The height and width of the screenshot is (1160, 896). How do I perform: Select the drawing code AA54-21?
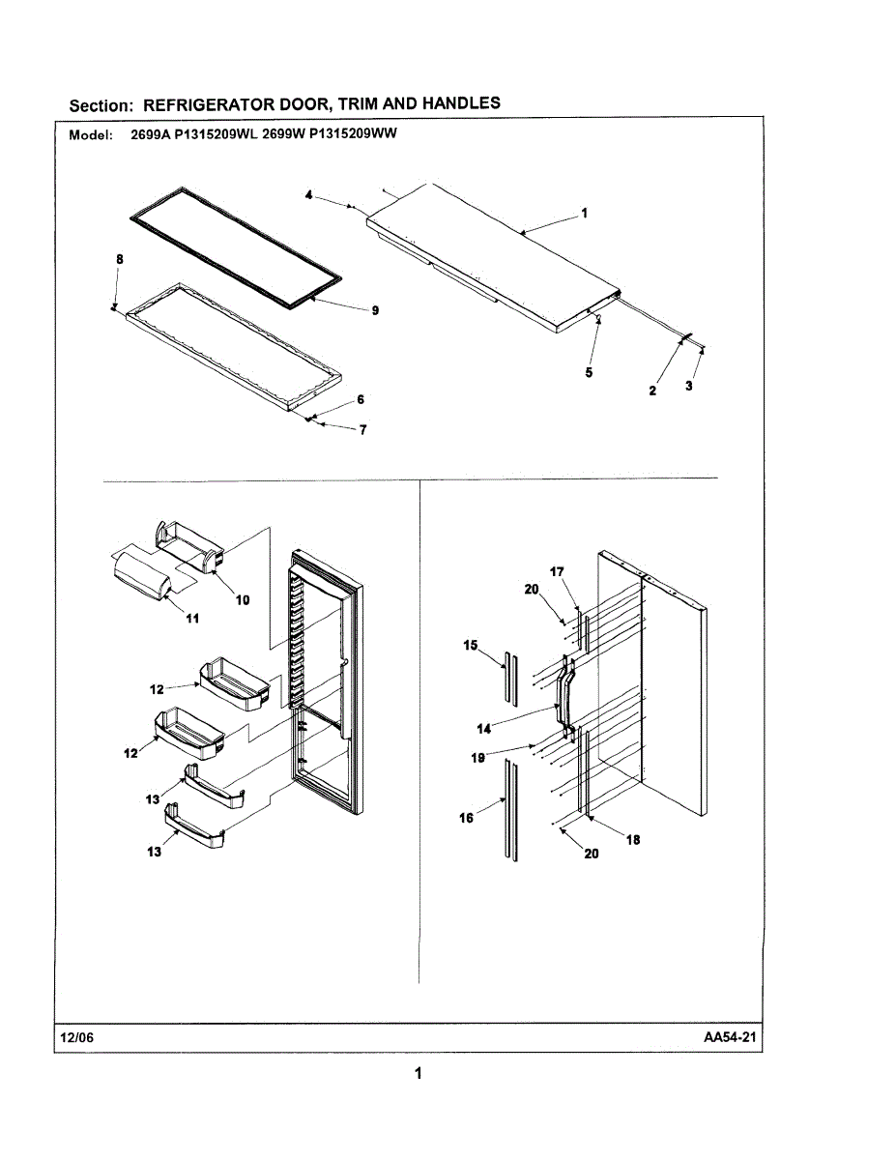point(728,1037)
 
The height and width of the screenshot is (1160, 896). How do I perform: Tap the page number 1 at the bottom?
point(418,1073)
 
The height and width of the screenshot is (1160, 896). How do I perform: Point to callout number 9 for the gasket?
point(375,310)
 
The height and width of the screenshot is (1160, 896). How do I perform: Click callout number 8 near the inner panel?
point(119,259)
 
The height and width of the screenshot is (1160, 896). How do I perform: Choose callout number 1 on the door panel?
point(585,215)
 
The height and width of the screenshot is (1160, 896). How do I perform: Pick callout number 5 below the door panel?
point(589,372)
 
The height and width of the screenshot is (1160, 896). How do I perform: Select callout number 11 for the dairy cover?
point(192,619)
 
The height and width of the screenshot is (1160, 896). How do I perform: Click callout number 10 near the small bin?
point(243,599)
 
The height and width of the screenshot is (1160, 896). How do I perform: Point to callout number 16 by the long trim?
point(466,818)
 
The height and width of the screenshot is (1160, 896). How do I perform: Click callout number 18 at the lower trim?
point(633,840)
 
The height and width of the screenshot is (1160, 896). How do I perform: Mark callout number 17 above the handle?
point(558,572)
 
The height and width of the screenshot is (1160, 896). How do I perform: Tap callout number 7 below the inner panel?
point(362,431)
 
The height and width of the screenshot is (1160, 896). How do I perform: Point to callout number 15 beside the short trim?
point(470,645)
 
